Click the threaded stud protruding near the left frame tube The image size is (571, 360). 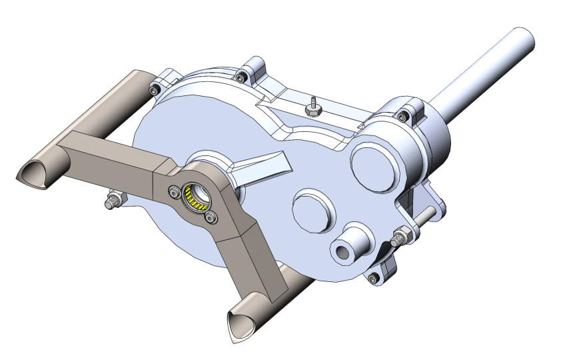pos(114,200)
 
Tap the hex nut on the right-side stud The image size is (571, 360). pos(401,235)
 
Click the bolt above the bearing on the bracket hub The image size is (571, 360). pos(175,192)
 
